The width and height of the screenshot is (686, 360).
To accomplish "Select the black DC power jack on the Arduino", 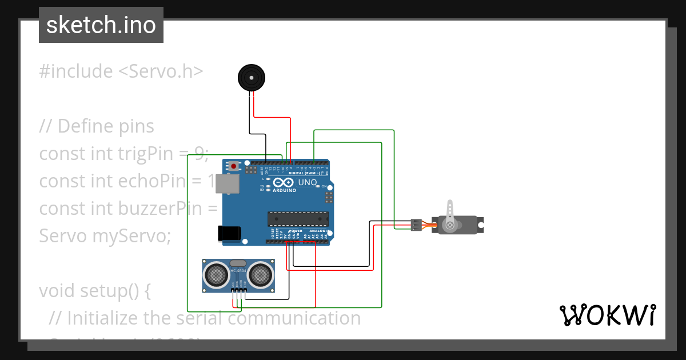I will point(229,233).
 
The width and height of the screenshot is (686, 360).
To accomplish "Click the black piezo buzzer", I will point(252,77).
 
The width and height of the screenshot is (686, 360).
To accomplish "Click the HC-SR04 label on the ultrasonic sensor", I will point(238,270).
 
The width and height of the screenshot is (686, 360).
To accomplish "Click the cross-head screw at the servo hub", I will point(450,225).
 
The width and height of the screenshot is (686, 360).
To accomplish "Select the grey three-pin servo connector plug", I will point(417,225).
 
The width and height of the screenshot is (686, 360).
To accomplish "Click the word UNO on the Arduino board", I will point(308,183).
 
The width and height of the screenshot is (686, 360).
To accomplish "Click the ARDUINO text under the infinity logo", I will point(284,190).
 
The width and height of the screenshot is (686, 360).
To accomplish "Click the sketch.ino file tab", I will point(101,25).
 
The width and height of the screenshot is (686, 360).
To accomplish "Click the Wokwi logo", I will point(607,315).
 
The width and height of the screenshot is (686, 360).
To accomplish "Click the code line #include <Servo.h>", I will point(121,71).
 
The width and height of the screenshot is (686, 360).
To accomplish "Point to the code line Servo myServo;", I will point(105,235).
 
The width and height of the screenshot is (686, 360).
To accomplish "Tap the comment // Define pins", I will point(97,126).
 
